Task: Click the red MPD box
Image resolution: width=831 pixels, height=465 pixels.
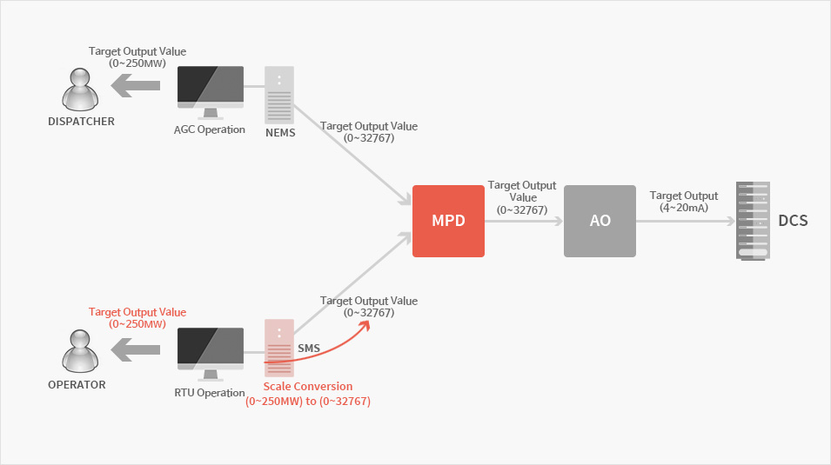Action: pyautogui.click(x=448, y=221)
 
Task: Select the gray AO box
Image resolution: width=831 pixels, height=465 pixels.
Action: pyautogui.click(x=600, y=221)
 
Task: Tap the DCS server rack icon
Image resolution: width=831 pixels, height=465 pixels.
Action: pyautogui.click(x=753, y=221)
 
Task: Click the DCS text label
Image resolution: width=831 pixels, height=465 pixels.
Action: pyautogui.click(x=793, y=220)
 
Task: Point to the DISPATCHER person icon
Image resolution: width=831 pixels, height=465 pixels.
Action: pyautogui.click(x=80, y=90)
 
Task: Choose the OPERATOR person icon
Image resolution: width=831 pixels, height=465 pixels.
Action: pyautogui.click(x=80, y=351)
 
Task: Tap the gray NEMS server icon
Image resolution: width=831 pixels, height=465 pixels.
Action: pyautogui.click(x=279, y=95)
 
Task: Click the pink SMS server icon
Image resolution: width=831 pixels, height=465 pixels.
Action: pyautogui.click(x=279, y=348)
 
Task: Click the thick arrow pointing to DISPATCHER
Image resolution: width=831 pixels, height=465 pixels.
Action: pyautogui.click(x=136, y=85)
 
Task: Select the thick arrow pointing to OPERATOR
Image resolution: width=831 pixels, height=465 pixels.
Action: pyautogui.click(x=136, y=349)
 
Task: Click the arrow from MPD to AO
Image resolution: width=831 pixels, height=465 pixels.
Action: pyautogui.click(x=524, y=221)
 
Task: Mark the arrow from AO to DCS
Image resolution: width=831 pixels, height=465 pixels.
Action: pyautogui.click(x=686, y=221)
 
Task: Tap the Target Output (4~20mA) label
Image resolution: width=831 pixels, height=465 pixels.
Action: pyautogui.click(x=684, y=202)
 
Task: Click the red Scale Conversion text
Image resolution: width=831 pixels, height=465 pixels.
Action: pyautogui.click(x=308, y=394)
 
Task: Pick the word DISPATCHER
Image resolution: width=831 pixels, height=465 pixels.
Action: pyautogui.click(x=81, y=122)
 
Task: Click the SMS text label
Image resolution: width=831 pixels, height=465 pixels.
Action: pyautogui.click(x=309, y=348)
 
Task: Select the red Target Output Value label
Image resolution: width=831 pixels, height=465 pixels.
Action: pyautogui.click(x=137, y=318)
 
